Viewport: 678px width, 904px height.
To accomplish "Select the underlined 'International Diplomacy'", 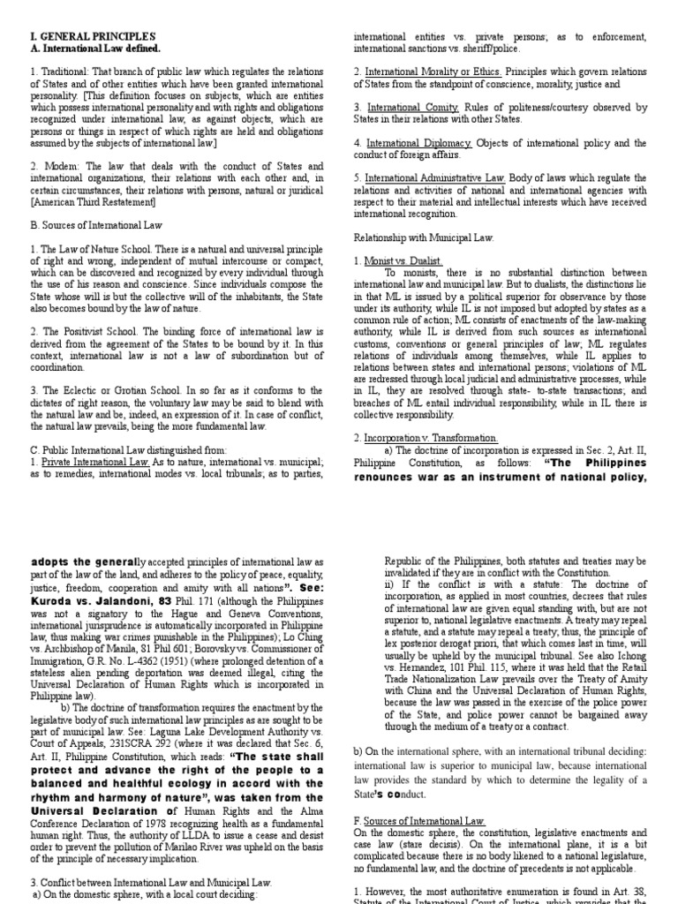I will coord(420,142).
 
